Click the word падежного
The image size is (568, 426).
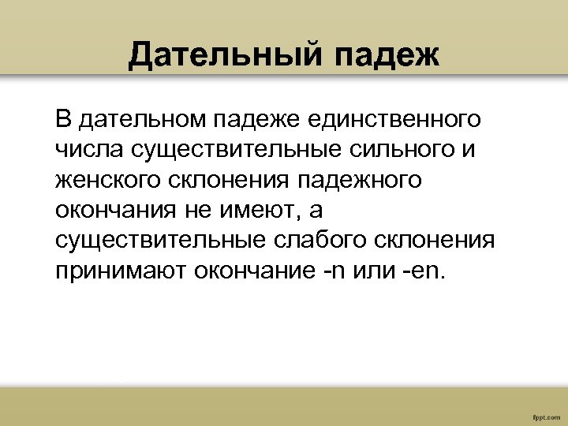point(360,180)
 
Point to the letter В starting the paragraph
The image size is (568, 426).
point(63,120)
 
